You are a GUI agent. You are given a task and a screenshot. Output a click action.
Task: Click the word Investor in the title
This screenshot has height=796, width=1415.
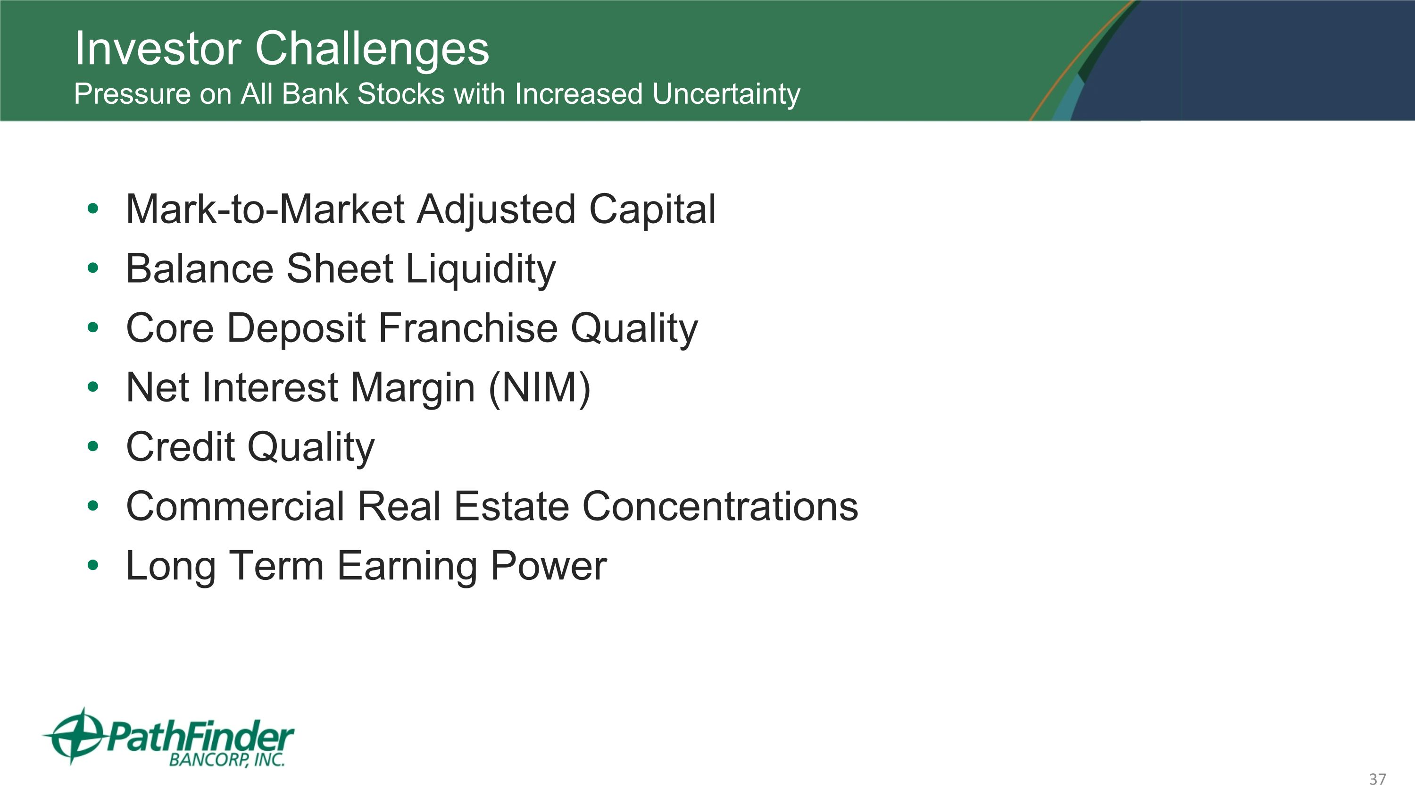tap(158, 49)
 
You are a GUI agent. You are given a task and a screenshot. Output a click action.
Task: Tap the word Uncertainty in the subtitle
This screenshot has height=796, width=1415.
tap(726, 94)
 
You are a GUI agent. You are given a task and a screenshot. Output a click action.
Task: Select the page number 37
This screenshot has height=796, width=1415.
tap(1377, 779)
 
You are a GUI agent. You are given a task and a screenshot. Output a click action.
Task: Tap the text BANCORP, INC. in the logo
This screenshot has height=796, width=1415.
tap(227, 760)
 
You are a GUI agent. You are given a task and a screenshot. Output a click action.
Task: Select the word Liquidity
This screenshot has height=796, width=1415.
tap(481, 269)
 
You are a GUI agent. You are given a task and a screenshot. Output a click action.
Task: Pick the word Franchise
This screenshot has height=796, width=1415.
tap(467, 328)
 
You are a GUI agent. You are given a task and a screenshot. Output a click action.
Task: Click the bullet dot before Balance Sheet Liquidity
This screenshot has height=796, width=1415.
tap(93, 268)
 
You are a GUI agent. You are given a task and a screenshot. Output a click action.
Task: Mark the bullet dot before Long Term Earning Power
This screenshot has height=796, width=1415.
tap(93, 565)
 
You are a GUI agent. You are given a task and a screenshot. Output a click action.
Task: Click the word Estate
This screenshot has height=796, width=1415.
tap(511, 506)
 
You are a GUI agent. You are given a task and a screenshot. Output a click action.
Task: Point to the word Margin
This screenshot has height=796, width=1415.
tap(412, 388)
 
